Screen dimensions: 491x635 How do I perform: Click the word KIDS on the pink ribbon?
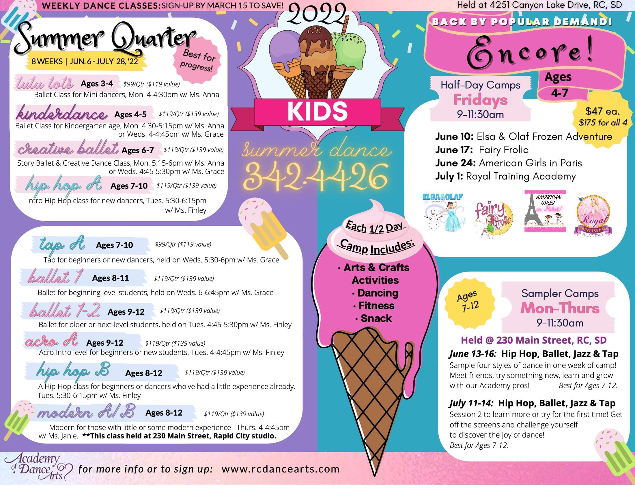coord(317,112)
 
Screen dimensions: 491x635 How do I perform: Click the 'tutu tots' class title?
coord(45,83)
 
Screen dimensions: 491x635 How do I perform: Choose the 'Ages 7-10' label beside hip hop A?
coord(129,186)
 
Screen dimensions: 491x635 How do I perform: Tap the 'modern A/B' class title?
coord(86,412)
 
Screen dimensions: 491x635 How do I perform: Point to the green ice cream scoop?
coord(349,49)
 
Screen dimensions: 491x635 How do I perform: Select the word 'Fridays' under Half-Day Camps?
coord(480,100)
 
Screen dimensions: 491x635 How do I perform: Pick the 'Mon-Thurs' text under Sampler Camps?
coord(560,308)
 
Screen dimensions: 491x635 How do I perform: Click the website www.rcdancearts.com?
coord(280,469)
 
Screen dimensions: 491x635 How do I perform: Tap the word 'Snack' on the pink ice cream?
coord(376,318)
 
